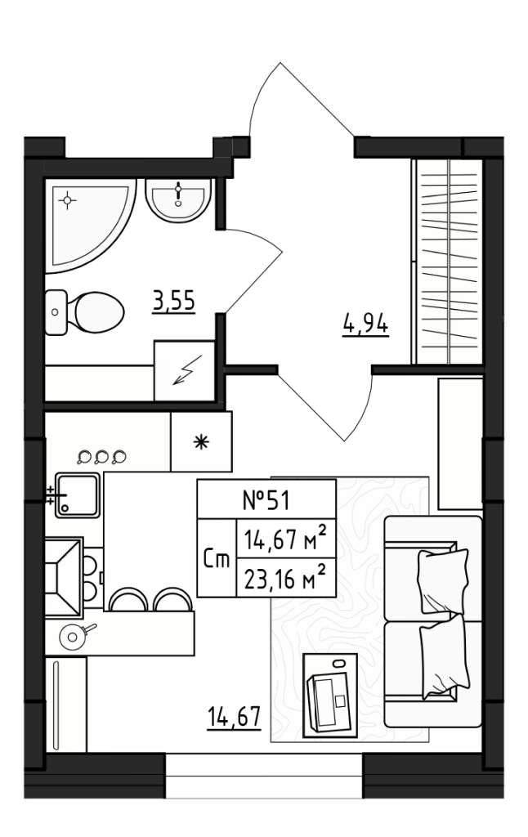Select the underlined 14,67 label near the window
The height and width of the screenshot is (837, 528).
click(233, 718)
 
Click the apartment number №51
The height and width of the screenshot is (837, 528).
click(266, 499)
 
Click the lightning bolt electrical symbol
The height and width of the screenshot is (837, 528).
click(185, 372)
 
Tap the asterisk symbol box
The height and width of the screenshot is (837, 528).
click(200, 441)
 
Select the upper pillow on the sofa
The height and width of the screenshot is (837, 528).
click(442, 580)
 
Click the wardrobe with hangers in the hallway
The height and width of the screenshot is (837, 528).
click(448, 262)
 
